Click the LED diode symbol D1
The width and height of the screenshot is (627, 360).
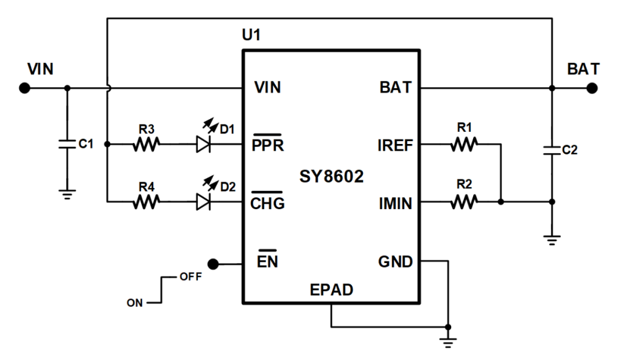(x=204, y=144)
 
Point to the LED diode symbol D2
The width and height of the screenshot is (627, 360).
(x=204, y=202)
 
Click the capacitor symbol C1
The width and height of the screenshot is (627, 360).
(x=67, y=144)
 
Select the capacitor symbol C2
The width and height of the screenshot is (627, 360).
(x=552, y=150)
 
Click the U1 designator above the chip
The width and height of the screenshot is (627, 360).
(x=251, y=35)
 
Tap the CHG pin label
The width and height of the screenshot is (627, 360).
(x=268, y=203)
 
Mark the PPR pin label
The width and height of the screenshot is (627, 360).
(x=268, y=145)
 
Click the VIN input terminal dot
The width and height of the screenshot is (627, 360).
(x=24, y=88)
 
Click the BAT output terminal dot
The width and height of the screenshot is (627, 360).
(x=592, y=88)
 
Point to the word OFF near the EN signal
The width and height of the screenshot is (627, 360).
(x=190, y=277)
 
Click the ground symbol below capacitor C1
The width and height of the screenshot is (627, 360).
(x=67, y=195)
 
